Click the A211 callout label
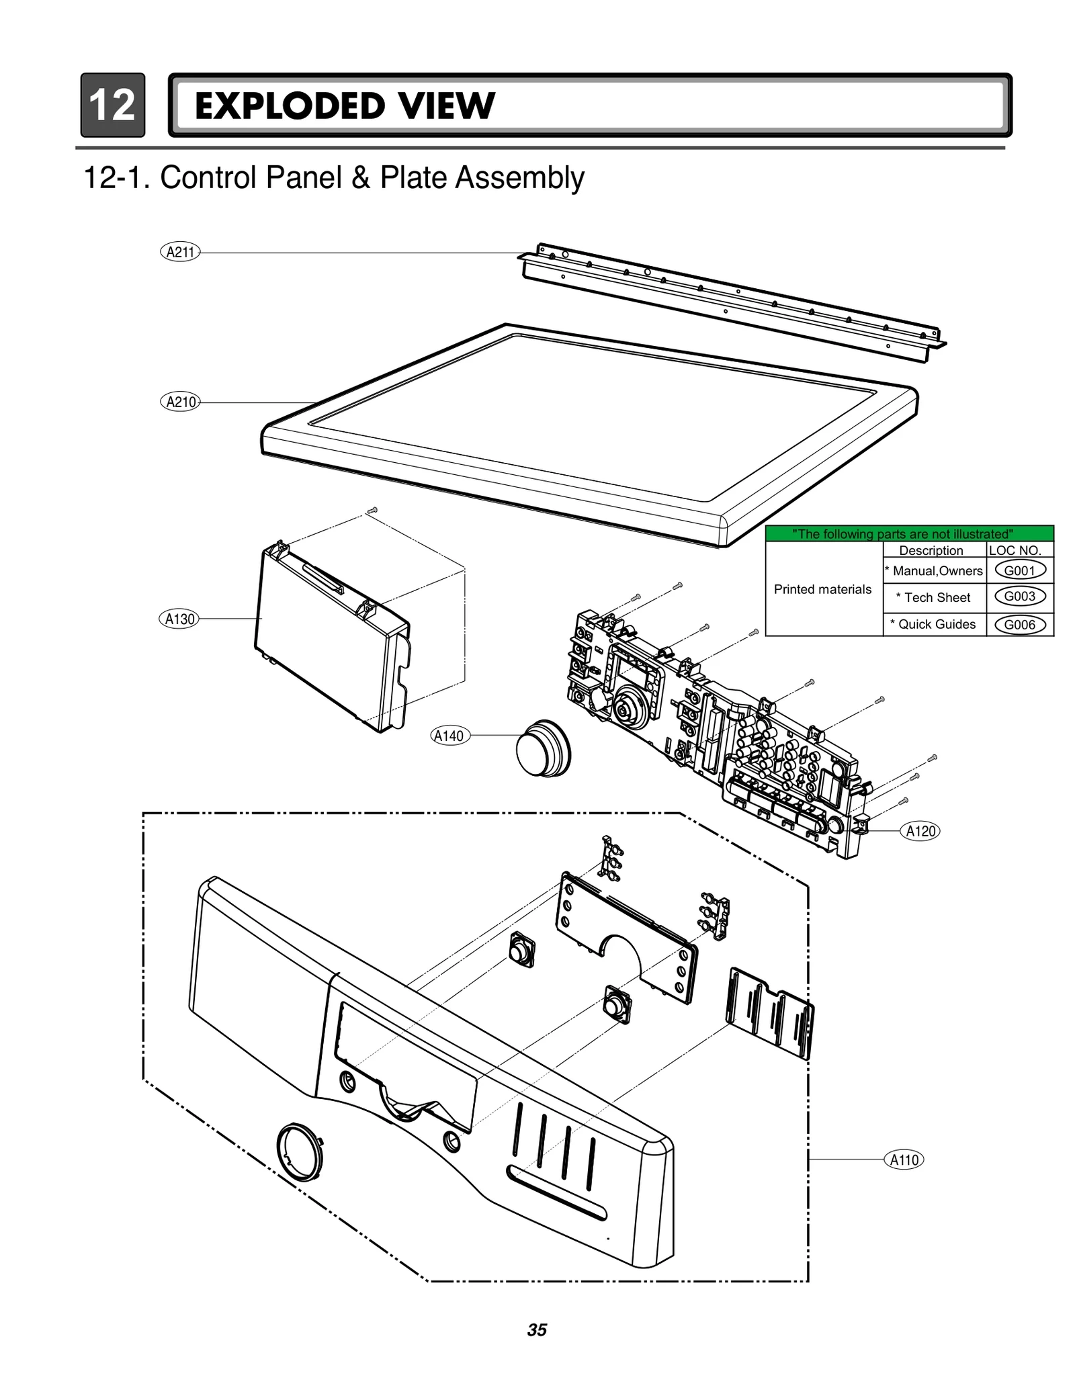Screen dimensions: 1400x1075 click(x=180, y=253)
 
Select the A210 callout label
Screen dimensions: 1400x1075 click(x=180, y=402)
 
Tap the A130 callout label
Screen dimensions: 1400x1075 click(x=179, y=619)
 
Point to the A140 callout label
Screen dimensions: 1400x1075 click(x=449, y=736)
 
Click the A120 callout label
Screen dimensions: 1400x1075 click(x=920, y=831)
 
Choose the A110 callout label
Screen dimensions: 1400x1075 click(x=904, y=1160)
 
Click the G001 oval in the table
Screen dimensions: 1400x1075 click(x=1019, y=571)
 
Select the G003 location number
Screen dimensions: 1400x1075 click(x=1019, y=597)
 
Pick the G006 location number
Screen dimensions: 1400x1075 click(x=1019, y=625)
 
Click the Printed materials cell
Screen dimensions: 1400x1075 click(x=822, y=589)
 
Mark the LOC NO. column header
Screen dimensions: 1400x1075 click(x=1015, y=550)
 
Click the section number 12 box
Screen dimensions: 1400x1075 click(x=112, y=105)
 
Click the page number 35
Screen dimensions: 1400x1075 click(x=537, y=1330)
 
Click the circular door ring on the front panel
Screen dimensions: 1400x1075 click(x=299, y=1151)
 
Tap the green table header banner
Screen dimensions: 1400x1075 click(x=908, y=534)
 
